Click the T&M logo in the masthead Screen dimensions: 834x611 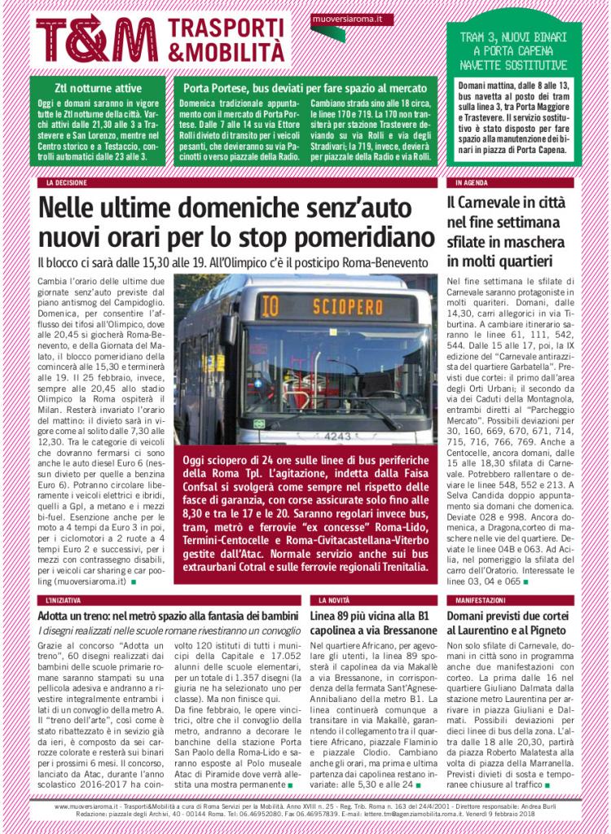(96, 37)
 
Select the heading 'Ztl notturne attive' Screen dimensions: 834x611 (98, 88)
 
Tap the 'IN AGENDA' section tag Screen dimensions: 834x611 (472, 182)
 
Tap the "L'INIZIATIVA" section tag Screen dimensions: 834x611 (67, 599)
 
